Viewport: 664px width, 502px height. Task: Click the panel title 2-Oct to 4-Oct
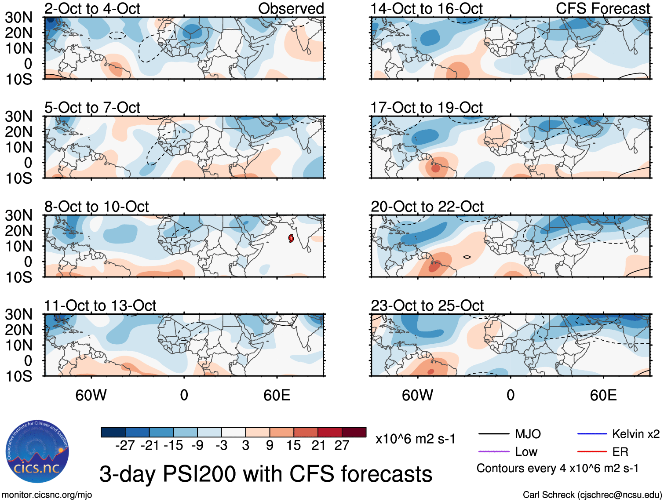click(92, 8)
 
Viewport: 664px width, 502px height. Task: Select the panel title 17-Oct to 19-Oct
click(427, 108)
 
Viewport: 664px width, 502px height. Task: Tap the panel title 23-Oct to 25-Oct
click(427, 306)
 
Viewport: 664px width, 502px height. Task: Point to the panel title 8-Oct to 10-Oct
click(96, 207)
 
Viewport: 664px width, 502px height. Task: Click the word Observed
click(291, 8)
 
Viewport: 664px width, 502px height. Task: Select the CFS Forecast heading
click(603, 8)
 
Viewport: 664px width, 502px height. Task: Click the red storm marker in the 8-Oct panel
click(291, 238)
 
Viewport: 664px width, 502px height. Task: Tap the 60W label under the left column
click(91, 395)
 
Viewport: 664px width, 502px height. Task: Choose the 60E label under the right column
click(603, 395)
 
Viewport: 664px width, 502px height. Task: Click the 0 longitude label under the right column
click(510, 395)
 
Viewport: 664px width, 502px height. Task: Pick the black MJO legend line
click(493, 434)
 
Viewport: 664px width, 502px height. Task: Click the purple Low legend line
click(493, 451)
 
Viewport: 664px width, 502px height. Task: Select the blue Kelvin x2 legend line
click(592, 434)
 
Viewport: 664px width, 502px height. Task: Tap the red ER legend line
click(592, 451)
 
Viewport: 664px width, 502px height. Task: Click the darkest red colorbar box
click(354, 432)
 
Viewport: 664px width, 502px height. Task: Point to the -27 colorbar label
click(125, 445)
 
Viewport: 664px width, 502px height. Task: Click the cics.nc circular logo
click(37, 451)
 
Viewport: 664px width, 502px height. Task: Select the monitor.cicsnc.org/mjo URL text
click(47, 495)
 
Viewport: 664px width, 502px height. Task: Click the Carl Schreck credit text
click(592, 495)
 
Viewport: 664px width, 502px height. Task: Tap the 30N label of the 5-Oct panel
click(18, 116)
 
